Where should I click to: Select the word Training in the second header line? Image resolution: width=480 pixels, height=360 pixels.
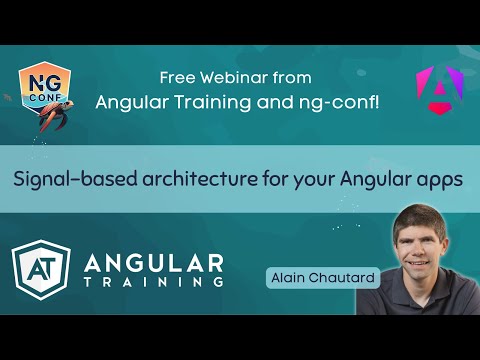pos(201,100)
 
